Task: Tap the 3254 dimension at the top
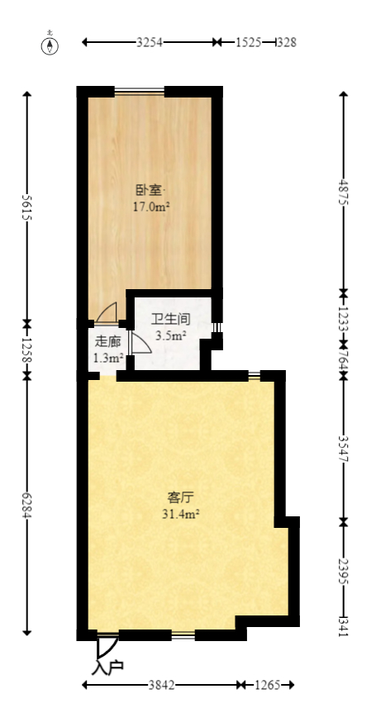click(150, 42)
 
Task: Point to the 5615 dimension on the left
click(27, 206)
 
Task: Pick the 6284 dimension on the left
click(27, 504)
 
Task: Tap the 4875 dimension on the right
click(344, 192)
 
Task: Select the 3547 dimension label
click(344, 447)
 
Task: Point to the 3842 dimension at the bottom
click(161, 685)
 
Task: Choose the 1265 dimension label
click(266, 685)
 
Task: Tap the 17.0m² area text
click(151, 207)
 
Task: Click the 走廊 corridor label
click(107, 341)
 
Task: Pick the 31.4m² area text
click(180, 514)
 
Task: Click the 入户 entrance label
click(108, 666)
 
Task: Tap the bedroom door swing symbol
click(107, 313)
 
